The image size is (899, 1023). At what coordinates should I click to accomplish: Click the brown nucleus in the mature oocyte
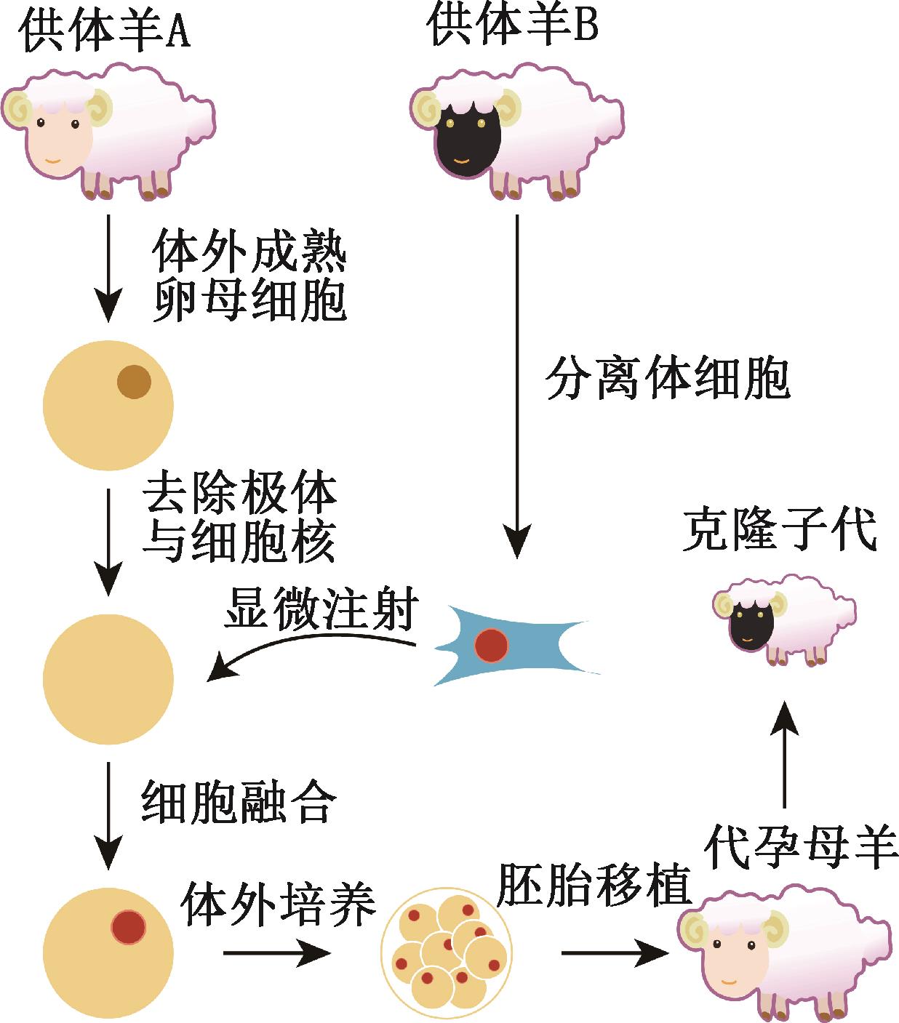click(x=134, y=382)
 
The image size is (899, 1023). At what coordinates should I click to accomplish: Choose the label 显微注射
click(x=321, y=609)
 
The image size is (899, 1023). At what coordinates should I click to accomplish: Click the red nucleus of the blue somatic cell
click(x=491, y=645)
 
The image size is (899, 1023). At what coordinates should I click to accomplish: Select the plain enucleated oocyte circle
click(x=108, y=679)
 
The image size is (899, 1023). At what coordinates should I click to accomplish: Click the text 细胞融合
click(x=239, y=801)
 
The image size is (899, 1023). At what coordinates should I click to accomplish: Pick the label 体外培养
click(x=279, y=903)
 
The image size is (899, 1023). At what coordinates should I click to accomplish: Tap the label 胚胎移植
click(x=593, y=883)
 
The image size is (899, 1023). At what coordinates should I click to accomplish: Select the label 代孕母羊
click(x=802, y=846)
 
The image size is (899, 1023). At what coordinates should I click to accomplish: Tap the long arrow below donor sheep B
click(x=516, y=385)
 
